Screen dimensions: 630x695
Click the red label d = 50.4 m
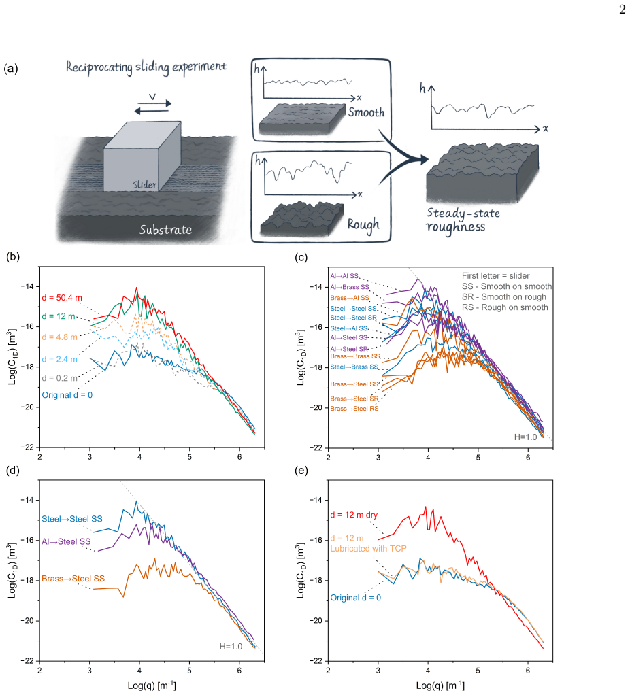pyautogui.click(x=62, y=298)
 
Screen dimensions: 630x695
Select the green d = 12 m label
pyautogui.click(x=59, y=316)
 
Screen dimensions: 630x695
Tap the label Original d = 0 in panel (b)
pyautogui.click(x=67, y=395)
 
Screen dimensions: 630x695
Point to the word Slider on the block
pyautogui.click(x=144, y=184)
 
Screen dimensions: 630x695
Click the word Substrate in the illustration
pyautogui.click(x=165, y=230)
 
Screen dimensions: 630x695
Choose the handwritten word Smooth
pyautogui.click(x=366, y=112)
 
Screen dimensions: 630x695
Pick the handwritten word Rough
pyautogui.click(x=363, y=224)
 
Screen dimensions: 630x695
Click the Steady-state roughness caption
pyautogui.click(x=463, y=220)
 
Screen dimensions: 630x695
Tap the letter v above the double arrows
pyautogui.click(x=152, y=96)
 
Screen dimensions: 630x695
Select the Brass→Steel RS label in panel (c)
pyautogui.click(x=354, y=409)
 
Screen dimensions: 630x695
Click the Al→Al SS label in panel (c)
pyautogui.click(x=344, y=275)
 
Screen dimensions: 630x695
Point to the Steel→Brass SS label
pyautogui.click(x=354, y=367)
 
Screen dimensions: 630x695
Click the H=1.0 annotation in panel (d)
pyautogui.click(x=231, y=647)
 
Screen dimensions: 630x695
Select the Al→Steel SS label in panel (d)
pyautogui.click(x=66, y=541)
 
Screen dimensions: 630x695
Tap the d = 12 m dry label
pyautogui.click(x=354, y=515)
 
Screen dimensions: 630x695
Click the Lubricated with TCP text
pyautogui.click(x=369, y=548)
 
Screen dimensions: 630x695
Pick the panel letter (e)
pyautogui.click(x=301, y=471)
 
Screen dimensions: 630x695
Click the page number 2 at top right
pyautogui.click(x=623, y=10)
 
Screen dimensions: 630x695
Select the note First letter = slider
pyautogui.click(x=496, y=275)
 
